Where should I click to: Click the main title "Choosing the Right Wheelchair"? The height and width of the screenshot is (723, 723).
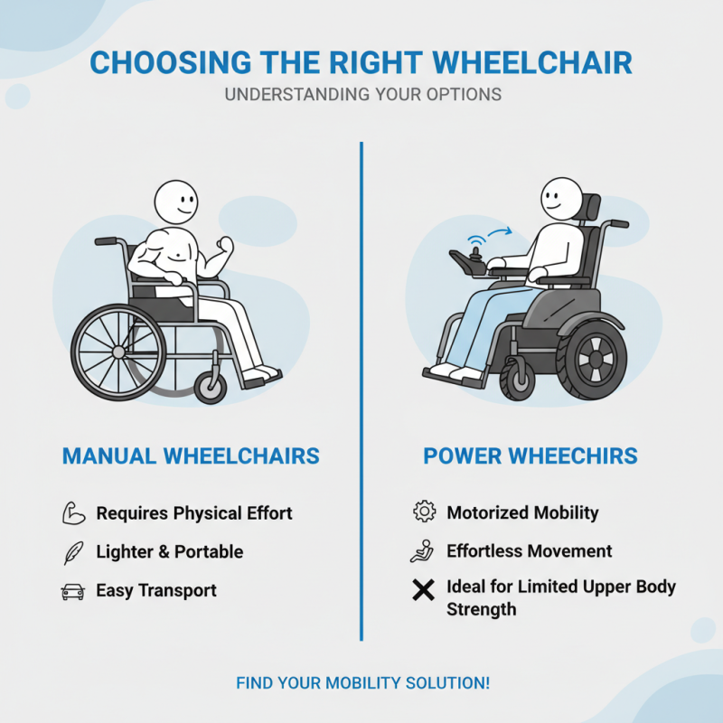(361, 63)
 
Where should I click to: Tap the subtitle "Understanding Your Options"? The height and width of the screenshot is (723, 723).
(361, 94)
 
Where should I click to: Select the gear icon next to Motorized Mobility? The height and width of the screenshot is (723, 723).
(423, 512)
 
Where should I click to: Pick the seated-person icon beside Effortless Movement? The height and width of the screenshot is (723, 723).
(423, 551)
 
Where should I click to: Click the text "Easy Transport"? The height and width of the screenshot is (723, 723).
(156, 591)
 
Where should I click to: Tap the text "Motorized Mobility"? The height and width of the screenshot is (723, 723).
(522, 512)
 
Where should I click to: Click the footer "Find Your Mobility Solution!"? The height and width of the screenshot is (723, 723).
(362, 682)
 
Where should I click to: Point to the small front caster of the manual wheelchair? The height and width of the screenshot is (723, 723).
(211, 386)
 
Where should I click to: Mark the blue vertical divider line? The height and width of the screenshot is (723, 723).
(361, 389)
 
